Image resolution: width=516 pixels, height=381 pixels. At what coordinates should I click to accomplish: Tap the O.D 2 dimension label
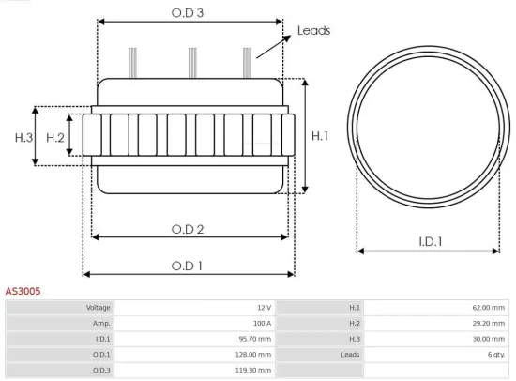tap(189, 229)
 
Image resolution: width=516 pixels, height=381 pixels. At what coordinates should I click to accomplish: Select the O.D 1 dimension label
tap(189, 266)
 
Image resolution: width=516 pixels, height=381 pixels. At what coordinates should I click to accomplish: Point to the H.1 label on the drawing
tap(319, 136)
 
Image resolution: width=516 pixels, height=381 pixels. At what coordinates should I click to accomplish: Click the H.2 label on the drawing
tap(55, 138)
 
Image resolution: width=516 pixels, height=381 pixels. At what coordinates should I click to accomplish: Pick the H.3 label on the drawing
tap(24, 138)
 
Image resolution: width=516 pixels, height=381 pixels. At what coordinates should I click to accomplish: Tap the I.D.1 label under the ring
tap(431, 242)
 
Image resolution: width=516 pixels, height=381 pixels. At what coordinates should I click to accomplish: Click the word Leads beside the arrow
tap(313, 30)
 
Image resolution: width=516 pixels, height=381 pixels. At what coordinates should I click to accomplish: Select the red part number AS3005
tap(23, 292)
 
